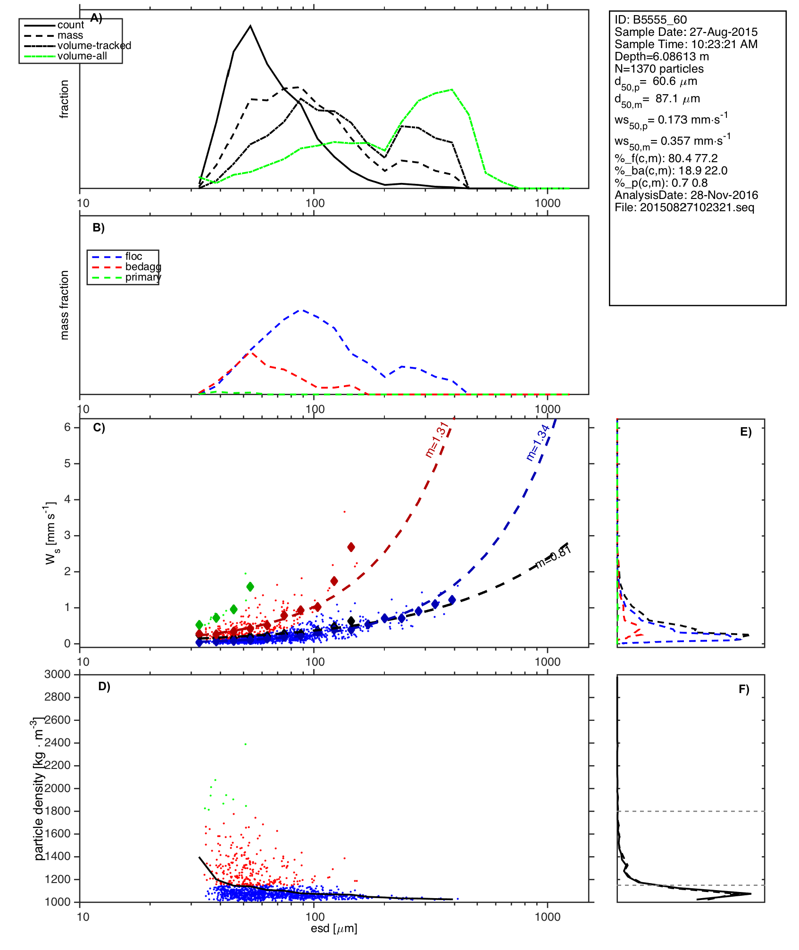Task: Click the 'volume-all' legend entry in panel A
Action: coord(82,56)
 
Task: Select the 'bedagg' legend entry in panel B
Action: coord(143,267)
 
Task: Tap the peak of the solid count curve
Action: coord(250,26)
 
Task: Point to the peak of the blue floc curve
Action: coord(302,310)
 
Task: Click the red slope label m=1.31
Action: coord(437,439)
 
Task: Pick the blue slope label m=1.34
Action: coord(537,442)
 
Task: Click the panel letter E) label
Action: coord(746,432)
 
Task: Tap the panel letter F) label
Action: coord(744,689)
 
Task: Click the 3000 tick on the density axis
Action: coord(57,674)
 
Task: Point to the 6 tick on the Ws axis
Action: coord(67,427)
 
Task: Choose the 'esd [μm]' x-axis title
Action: coord(334,928)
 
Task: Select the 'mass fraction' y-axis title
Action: coord(65,305)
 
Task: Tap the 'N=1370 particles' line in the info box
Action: coord(659,69)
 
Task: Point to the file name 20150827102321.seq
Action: coord(684,207)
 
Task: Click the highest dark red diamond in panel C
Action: coord(351,547)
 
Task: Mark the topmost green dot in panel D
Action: coord(245,744)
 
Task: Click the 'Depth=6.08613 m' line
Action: coord(661,57)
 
